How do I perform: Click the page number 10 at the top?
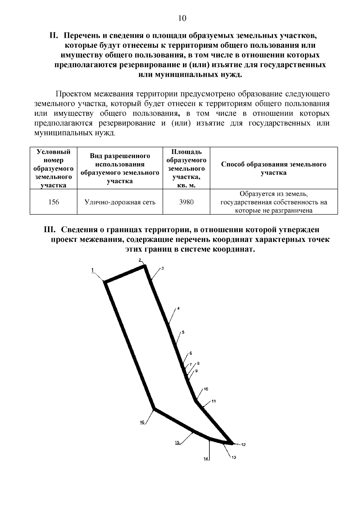click(182, 19)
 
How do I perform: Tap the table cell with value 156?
click(54, 202)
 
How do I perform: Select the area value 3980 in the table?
click(186, 202)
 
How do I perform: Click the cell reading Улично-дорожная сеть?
click(120, 202)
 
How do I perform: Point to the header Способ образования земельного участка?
click(274, 169)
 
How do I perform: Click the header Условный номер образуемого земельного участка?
click(54, 169)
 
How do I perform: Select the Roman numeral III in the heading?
click(50, 230)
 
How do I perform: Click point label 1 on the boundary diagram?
click(93, 270)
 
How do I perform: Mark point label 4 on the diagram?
click(178, 308)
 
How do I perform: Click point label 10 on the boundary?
click(206, 389)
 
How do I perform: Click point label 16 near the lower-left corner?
click(142, 422)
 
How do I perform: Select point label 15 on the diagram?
click(177, 442)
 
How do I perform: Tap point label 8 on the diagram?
click(198, 364)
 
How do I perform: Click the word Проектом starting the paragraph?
click(73, 94)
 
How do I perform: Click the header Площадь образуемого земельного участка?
click(186, 169)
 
